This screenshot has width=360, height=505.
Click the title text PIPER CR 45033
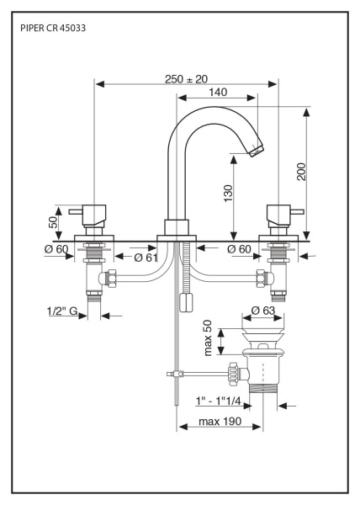(53, 29)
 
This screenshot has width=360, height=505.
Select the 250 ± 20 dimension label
(186, 79)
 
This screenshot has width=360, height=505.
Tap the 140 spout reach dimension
(218, 93)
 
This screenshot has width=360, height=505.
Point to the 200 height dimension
(302, 172)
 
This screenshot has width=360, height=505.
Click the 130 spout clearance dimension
(228, 194)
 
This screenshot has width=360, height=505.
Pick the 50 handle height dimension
(53, 222)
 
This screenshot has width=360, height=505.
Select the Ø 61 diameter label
(146, 258)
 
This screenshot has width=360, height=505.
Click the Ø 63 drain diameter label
(263, 311)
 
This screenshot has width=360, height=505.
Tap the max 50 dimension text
(208, 338)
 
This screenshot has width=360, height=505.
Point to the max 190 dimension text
(220, 422)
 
